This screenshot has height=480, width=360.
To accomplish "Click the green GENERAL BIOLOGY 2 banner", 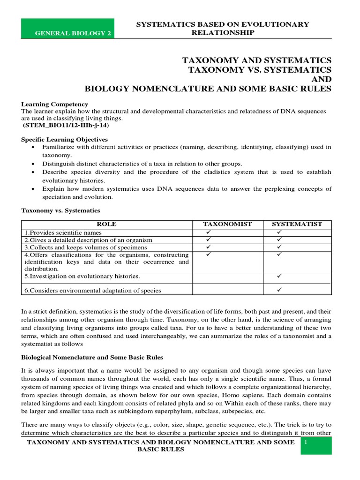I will pyautogui.click(x=68, y=29).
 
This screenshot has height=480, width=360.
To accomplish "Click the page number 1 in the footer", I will pyautogui.click(x=306, y=442).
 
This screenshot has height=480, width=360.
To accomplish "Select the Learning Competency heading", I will pyautogui.click(x=54, y=104).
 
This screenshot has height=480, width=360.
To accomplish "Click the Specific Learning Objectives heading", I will pyautogui.click(x=65, y=140).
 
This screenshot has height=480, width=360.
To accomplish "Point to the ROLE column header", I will pyautogui.click(x=107, y=224).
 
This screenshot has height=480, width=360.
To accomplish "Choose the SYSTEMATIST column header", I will pyautogui.click(x=297, y=224).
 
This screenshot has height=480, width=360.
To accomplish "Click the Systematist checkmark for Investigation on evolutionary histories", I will pyautogui.click(x=279, y=277).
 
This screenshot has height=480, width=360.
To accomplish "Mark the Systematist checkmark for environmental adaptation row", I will pyautogui.click(x=279, y=290).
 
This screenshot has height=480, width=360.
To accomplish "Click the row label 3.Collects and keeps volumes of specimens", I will pyautogui.click(x=85, y=247).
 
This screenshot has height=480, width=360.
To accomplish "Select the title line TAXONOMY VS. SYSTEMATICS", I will pyautogui.click(x=259, y=70).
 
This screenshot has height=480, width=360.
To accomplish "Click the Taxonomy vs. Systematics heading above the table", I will pyautogui.click(x=60, y=211).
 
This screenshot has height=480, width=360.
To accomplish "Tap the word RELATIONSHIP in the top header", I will pyautogui.click(x=223, y=32).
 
